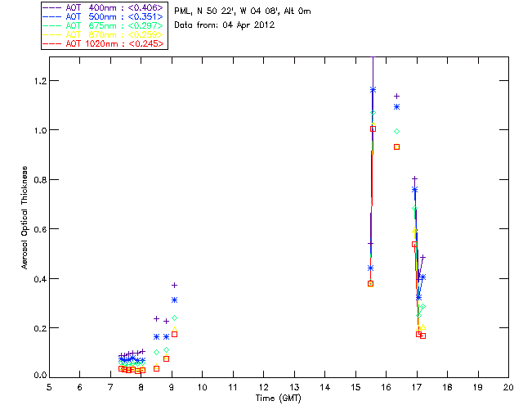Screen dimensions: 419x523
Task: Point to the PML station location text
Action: (x=242, y=11)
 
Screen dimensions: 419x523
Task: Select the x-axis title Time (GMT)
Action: (x=278, y=398)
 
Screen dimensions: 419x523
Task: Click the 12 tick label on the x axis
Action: (x=263, y=386)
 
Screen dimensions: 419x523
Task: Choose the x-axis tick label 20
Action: (x=508, y=386)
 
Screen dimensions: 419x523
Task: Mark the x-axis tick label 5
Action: (x=49, y=386)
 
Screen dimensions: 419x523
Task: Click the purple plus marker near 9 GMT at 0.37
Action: (x=174, y=285)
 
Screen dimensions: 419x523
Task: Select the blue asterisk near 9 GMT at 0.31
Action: (x=174, y=300)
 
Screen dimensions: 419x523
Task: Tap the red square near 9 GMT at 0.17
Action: (x=174, y=334)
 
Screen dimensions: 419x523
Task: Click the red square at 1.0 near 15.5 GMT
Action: (x=373, y=128)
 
